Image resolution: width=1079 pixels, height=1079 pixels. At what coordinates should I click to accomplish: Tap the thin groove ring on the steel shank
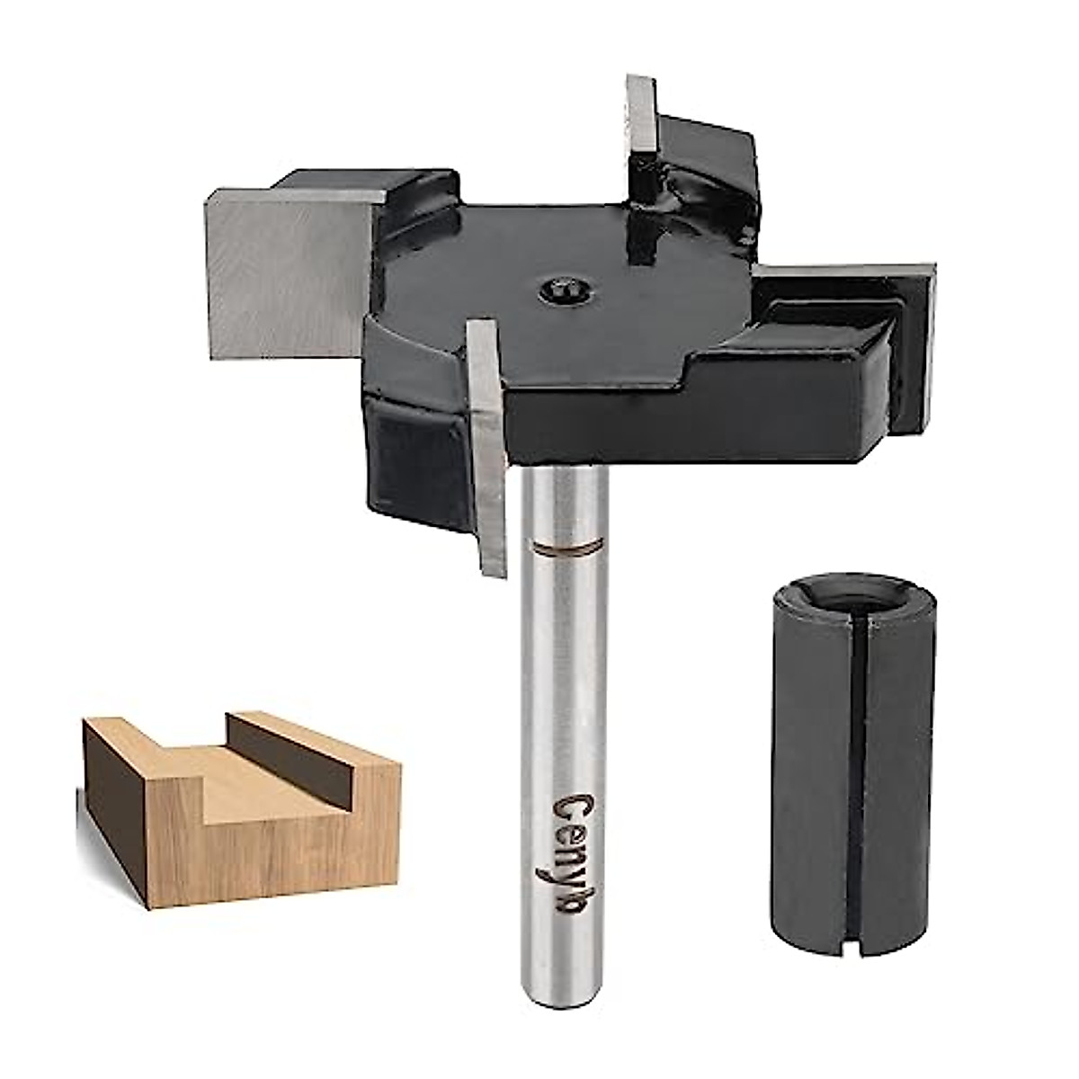click(565, 547)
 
